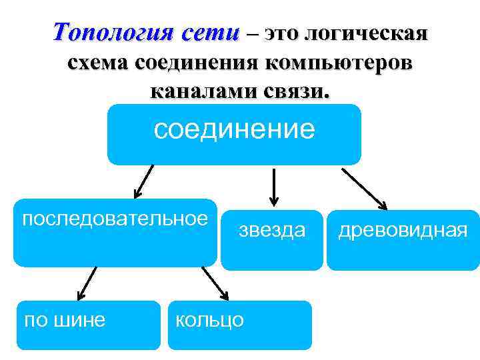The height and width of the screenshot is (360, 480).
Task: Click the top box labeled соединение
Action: pyautogui.click(x=234, y=134)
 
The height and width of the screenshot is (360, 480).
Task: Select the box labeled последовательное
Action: pyautogui.click(x=115, y=233)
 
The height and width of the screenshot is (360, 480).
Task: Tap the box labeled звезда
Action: pyautogui.click(x=271, y=240)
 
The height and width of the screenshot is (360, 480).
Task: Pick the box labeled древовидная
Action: pyautogui.click(x=403, y=240)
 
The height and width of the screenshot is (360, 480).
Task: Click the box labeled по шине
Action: pyautogui.click(x=88, y=325)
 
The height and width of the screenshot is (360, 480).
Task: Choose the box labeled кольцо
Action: pyautogui.click(x=239, y=325)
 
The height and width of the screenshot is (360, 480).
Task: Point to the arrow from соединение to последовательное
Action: pyautogui.click(x=143, y=182)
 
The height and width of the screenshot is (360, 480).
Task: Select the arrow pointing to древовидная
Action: pyautogui.click(x=365, y=188)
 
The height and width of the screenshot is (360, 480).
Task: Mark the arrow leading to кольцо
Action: pyautogui.click(x=215, y=283)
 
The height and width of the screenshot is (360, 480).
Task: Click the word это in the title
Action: pyautogui.click(x=281, y=32)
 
